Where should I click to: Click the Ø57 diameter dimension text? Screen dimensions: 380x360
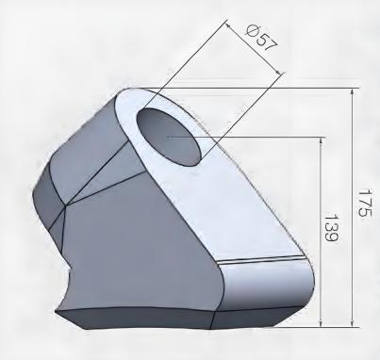[x=262, y=39]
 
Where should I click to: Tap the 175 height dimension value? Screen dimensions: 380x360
[x=365, y=203]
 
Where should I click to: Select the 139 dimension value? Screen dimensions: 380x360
[x=332, y=228]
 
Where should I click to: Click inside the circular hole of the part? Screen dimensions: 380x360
[x=168, y=137]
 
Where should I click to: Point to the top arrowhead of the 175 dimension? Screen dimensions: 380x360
[x=353, y=92]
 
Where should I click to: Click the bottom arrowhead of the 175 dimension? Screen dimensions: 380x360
[x=353, y=323]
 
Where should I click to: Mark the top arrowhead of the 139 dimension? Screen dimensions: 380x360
[x=321, y=140]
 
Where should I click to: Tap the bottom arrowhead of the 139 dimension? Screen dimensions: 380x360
[x=321, y=323]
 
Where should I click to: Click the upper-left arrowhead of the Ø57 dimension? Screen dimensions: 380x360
[x=228, y=25]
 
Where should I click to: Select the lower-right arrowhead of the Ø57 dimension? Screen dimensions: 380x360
[x=277, y=72]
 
